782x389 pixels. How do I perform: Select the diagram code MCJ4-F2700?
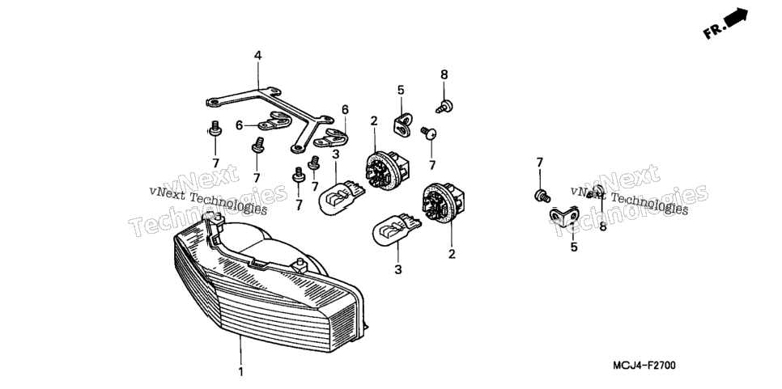click(x=644, y=366)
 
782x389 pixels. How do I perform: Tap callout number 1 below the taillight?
click(x=240, y=371)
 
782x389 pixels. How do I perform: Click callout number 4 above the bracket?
click(x=258, y=55)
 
